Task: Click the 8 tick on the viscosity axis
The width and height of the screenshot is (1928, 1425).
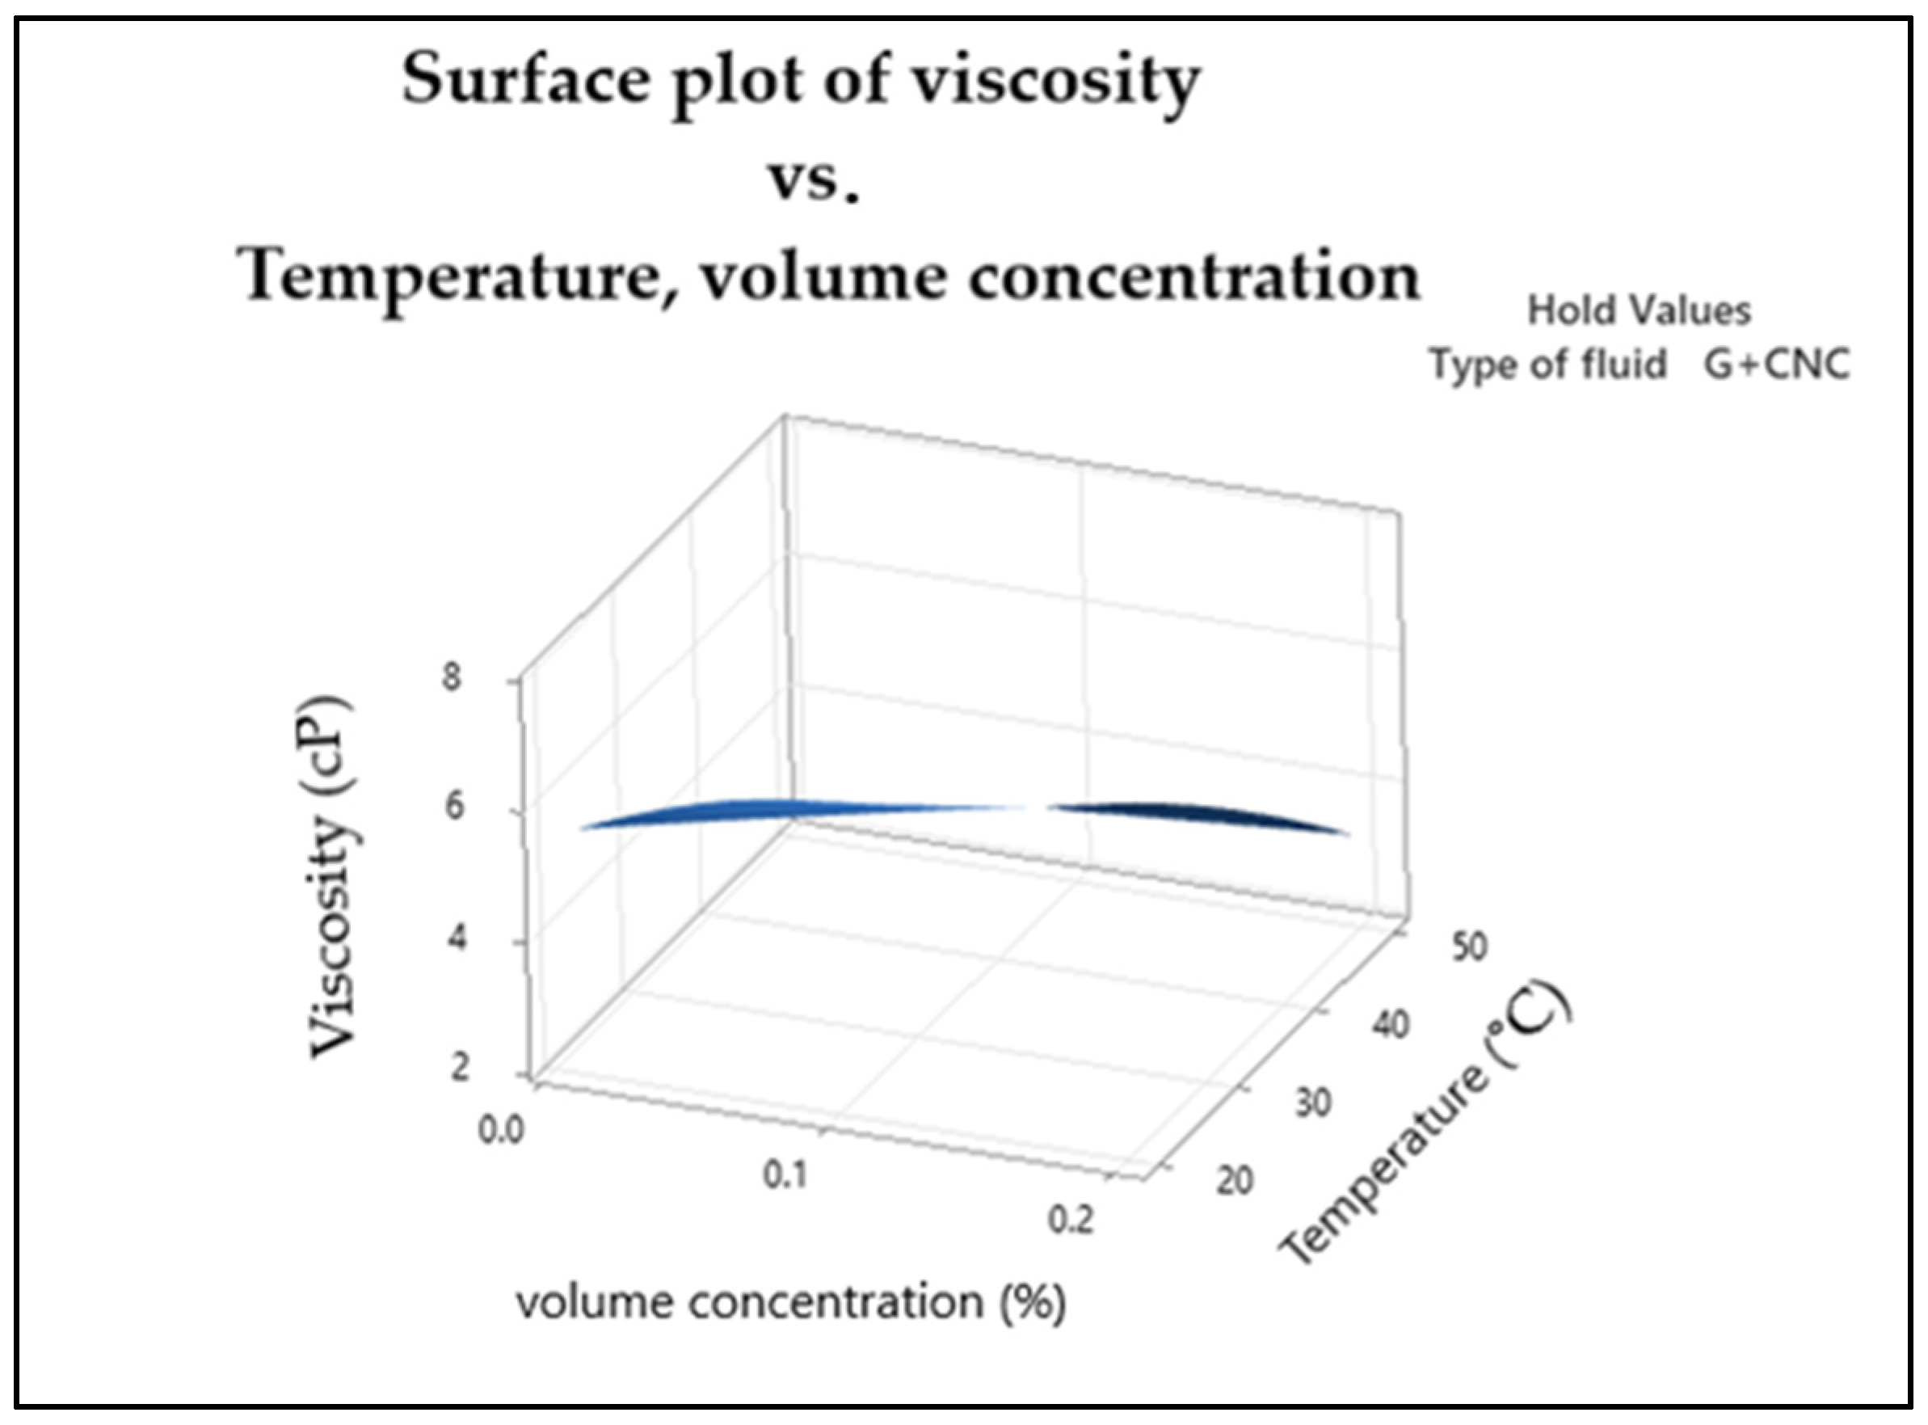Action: pyautogui.click(x=452, y=677)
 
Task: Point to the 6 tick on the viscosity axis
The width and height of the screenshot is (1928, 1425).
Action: pyautogui.click(x=452, y=807)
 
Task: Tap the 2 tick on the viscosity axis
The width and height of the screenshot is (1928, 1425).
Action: pyautogui.click(x=459, y=1069)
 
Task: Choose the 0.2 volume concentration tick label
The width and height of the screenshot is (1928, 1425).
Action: pyautogui.click(x=1070, y=1221)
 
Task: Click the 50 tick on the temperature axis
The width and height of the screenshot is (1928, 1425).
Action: pyautogui.click(x=1468, y=946)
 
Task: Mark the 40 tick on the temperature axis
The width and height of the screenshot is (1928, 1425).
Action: pyautogui.click(x=1389, y=1025)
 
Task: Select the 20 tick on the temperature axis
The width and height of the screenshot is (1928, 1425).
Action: pyautogui.click(x=1234, y=1180)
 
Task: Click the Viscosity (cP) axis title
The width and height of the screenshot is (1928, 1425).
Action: pyautogui.click(x=333, y=875)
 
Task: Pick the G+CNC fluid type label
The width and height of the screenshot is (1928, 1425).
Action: pyautogui.click(x=1776, y=364)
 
